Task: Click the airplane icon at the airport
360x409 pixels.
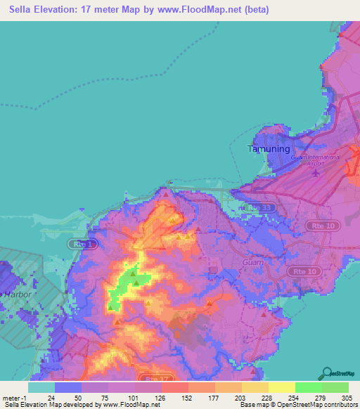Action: pos(316,172)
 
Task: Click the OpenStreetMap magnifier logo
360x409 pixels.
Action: pos(327,372)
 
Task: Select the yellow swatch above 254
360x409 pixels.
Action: pos(282,387)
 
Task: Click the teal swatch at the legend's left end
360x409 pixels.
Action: pos(41,387)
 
